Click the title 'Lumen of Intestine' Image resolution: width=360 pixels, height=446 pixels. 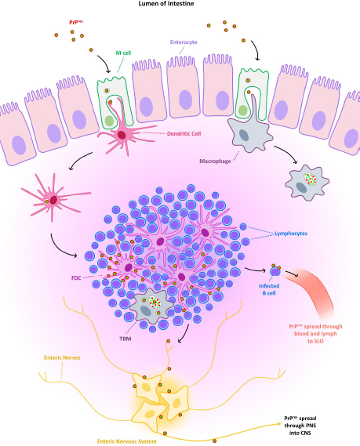click(180, 5)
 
